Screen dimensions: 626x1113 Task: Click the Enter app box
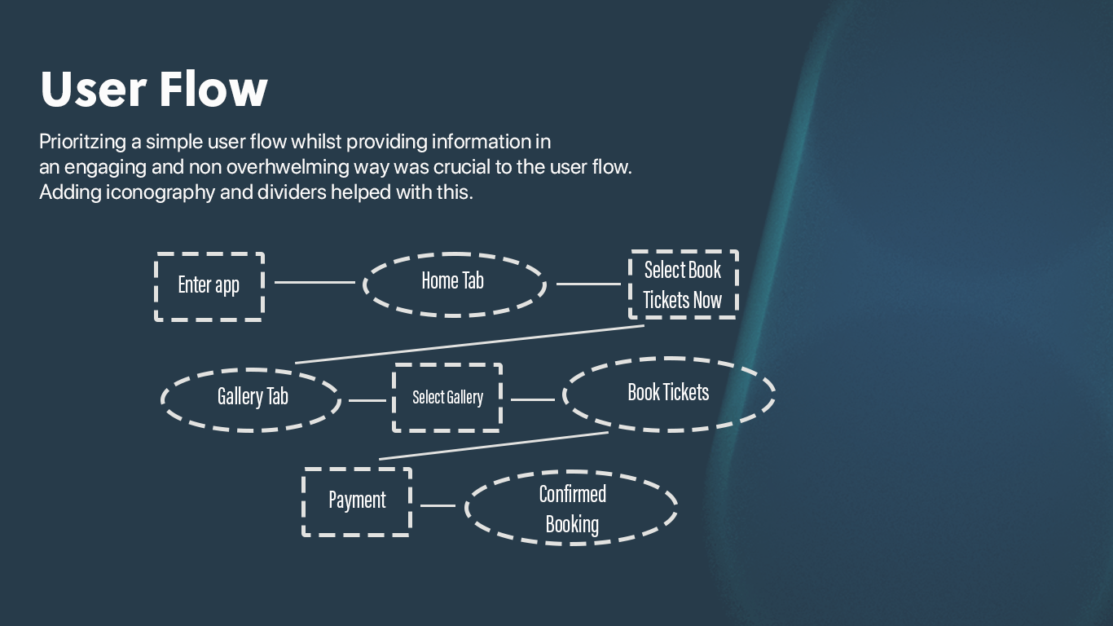tap(209, 286)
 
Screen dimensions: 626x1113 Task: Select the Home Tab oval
tap(453, 282)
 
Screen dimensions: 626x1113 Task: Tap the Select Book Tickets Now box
tap(683, 284)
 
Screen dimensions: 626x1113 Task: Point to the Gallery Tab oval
tap(252, 398)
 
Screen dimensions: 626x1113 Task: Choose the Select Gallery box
tap(447, 398)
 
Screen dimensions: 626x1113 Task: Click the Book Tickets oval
tap(668, 394)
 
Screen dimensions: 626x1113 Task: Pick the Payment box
tap(357, 500)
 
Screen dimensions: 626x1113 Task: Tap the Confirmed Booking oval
tap(572, 509)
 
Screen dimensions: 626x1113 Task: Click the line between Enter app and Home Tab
tap(315, 282)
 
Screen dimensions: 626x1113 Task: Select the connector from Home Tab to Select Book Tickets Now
tap(588, 284)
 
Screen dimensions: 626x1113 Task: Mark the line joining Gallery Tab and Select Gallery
tap(367, 400)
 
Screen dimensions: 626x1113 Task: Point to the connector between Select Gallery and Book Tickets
tap(532, 399)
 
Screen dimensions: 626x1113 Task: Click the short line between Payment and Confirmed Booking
tap(438, 505)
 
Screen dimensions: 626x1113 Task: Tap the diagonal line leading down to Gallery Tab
tap(470, 344)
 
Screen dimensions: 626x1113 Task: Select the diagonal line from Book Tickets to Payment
tap(494, 445)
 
